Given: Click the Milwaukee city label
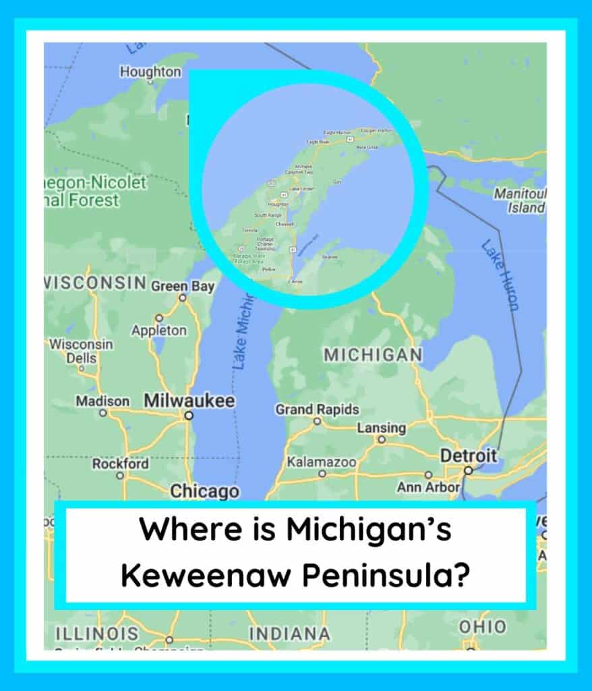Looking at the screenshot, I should pyautogui.click(x=189, y=401).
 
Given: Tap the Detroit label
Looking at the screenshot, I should pyautogui.click(x=469, y=456).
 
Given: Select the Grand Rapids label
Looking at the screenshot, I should pyautogui.click(x=317, y=409).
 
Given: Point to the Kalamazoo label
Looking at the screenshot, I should pyautogui.click(x=321, y=462).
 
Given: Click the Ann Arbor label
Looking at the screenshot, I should pyautogui.click(x=428, y=487).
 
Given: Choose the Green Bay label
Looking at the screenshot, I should pyautogui.click(x=182, y=286).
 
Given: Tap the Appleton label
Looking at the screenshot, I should pyautogui.click(x=159, y=331).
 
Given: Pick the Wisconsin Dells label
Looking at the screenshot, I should pyautogui.click(x=81, y=351).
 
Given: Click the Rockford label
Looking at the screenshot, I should pyautogui.click(x=120, y=464).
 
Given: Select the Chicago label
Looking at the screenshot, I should pyautogui.click(x=204, y=491).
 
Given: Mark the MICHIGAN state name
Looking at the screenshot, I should pyautogui.click(x=373, y=355).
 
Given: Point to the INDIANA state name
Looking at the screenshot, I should pyautogui.click(x=289, y=634).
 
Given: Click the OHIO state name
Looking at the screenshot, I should pyautogui.click(x=482, y=627).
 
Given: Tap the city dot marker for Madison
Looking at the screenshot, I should pyautogui.click(x=102, y=411).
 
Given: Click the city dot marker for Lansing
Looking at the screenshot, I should pyautogui.click(x=382, y=439).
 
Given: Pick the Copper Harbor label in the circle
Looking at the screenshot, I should pyautogui.click(x=377, y=130).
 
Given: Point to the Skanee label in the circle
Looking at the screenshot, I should pyautogui.click(x=330, y=256).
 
